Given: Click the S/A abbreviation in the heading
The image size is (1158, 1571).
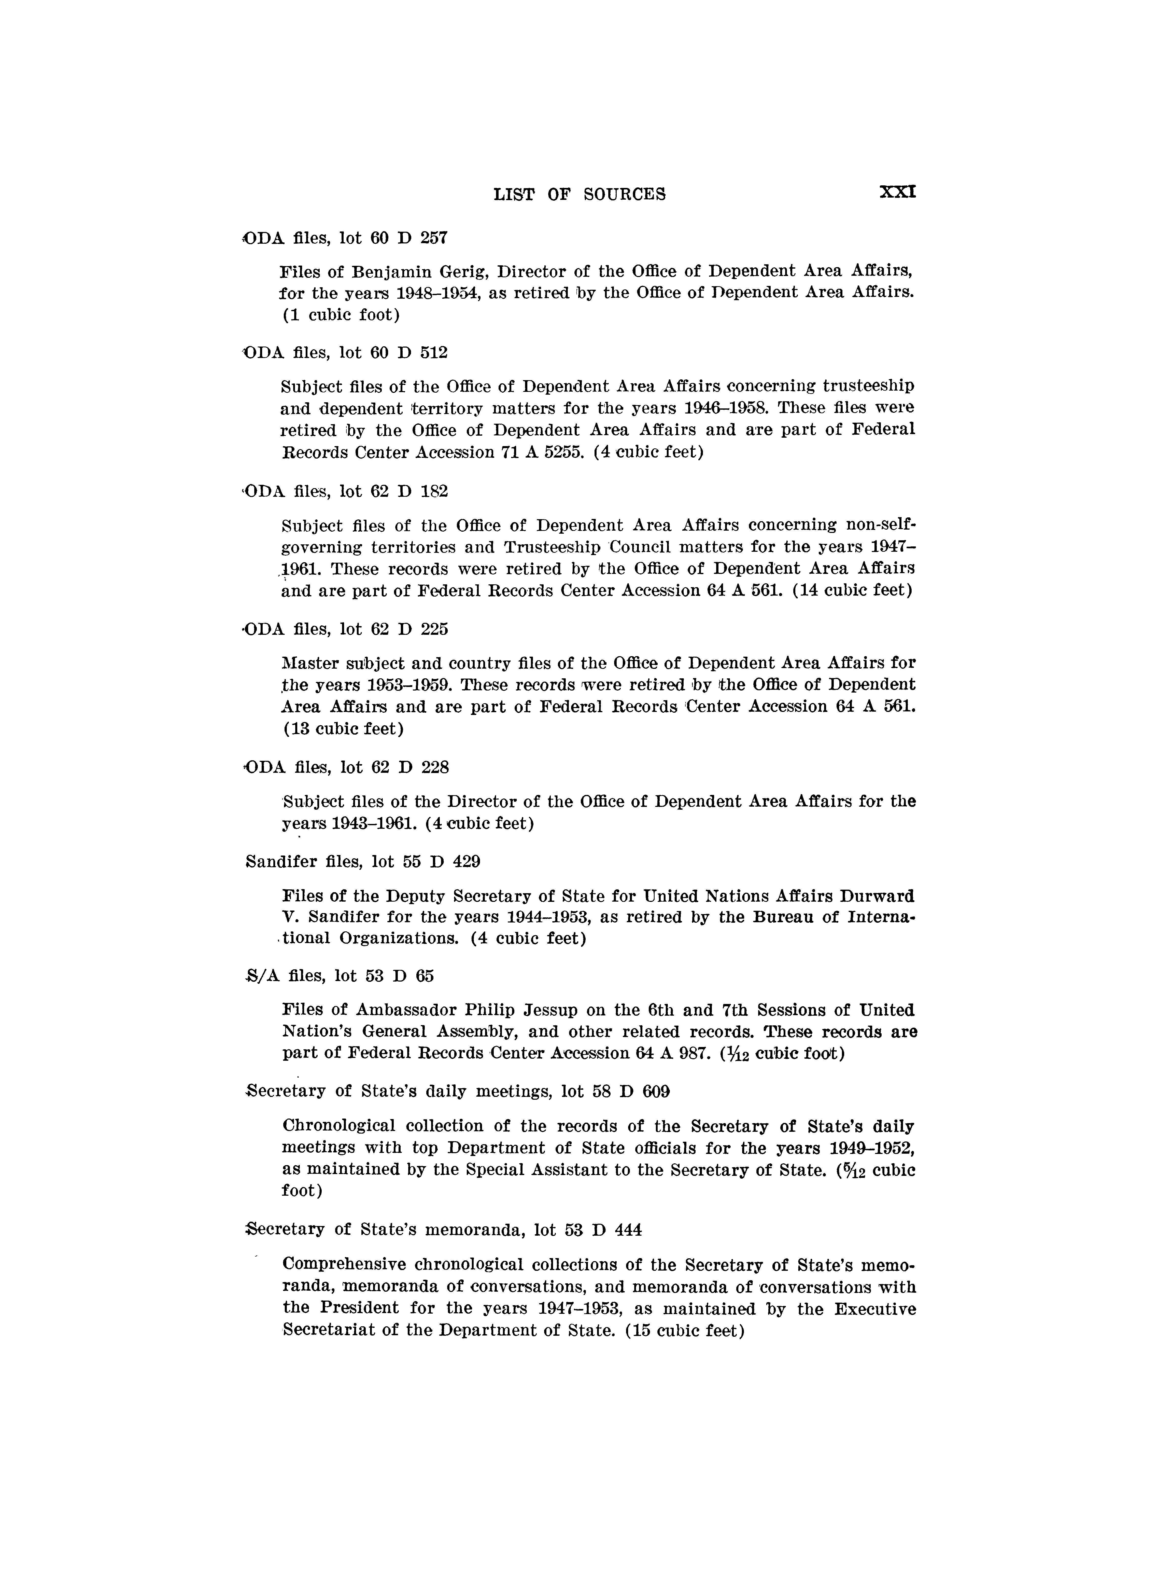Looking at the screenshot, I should click(264, 975).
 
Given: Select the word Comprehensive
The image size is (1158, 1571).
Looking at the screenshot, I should click(345, 1264).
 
